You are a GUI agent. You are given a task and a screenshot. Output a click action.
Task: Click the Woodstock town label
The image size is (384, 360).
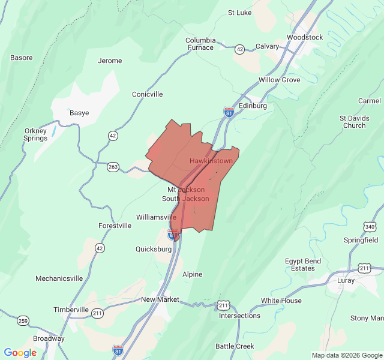(x=305, y=37)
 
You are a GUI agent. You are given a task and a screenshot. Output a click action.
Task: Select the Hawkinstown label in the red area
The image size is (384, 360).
(x=211, y=161)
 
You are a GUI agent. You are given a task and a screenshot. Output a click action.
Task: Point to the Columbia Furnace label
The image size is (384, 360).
(x=200, y=44)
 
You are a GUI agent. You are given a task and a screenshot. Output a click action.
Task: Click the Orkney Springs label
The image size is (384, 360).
(x=36, y=134)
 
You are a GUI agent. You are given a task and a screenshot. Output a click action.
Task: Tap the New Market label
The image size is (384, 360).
(x=160, y=299)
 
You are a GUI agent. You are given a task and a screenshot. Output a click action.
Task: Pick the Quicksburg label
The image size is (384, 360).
(x=153, y=249)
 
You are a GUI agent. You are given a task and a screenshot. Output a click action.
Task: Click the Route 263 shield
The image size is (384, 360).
(x=113, y=166)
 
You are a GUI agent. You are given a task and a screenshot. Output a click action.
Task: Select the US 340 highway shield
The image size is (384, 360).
(x=369, y=226)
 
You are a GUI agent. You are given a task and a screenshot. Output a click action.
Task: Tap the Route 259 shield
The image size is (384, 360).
(x=23, y=320)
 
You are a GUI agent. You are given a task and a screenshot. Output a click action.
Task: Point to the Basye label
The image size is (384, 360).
(x=79, y=113)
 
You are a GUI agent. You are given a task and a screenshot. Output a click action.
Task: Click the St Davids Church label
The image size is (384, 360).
(x=354, y=122)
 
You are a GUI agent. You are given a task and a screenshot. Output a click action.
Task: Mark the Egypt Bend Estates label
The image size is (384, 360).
(x=303, y=265)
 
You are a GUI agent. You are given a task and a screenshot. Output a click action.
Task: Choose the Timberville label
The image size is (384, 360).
(x=71, y=310)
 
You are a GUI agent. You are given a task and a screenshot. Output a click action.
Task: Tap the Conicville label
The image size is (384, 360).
(x=147, y=94)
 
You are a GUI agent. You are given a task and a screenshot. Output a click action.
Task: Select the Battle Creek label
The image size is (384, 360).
(x=235, y=346)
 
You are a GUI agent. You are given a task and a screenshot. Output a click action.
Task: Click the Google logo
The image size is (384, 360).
(x=20, y=353)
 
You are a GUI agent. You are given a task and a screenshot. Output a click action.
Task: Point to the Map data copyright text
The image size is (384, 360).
(x=346, y=355)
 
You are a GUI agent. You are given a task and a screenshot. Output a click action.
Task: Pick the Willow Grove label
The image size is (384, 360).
(x=279, y=80)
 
